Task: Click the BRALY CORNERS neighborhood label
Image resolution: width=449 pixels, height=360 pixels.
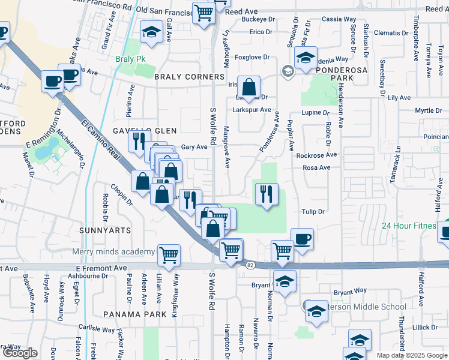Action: (x=189, y=77)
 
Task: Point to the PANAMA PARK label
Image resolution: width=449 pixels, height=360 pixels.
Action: (x=134, y=314)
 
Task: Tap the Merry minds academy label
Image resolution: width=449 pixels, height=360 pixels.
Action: (x=113, y=251)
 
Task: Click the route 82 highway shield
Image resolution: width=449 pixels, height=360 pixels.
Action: (x=249, y=264)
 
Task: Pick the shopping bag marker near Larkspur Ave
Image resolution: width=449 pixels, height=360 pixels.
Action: (x=249, y=88)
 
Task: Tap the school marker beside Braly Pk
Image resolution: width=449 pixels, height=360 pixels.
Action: (x=152, y=32)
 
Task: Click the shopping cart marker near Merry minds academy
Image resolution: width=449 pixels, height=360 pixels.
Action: (x=169, y=254)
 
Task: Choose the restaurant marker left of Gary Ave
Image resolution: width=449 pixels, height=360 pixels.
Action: (x=137, y=142)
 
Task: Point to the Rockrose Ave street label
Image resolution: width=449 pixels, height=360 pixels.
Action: (x=316, y=155)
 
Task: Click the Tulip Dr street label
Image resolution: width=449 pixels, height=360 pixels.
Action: (x=313, y=212)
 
